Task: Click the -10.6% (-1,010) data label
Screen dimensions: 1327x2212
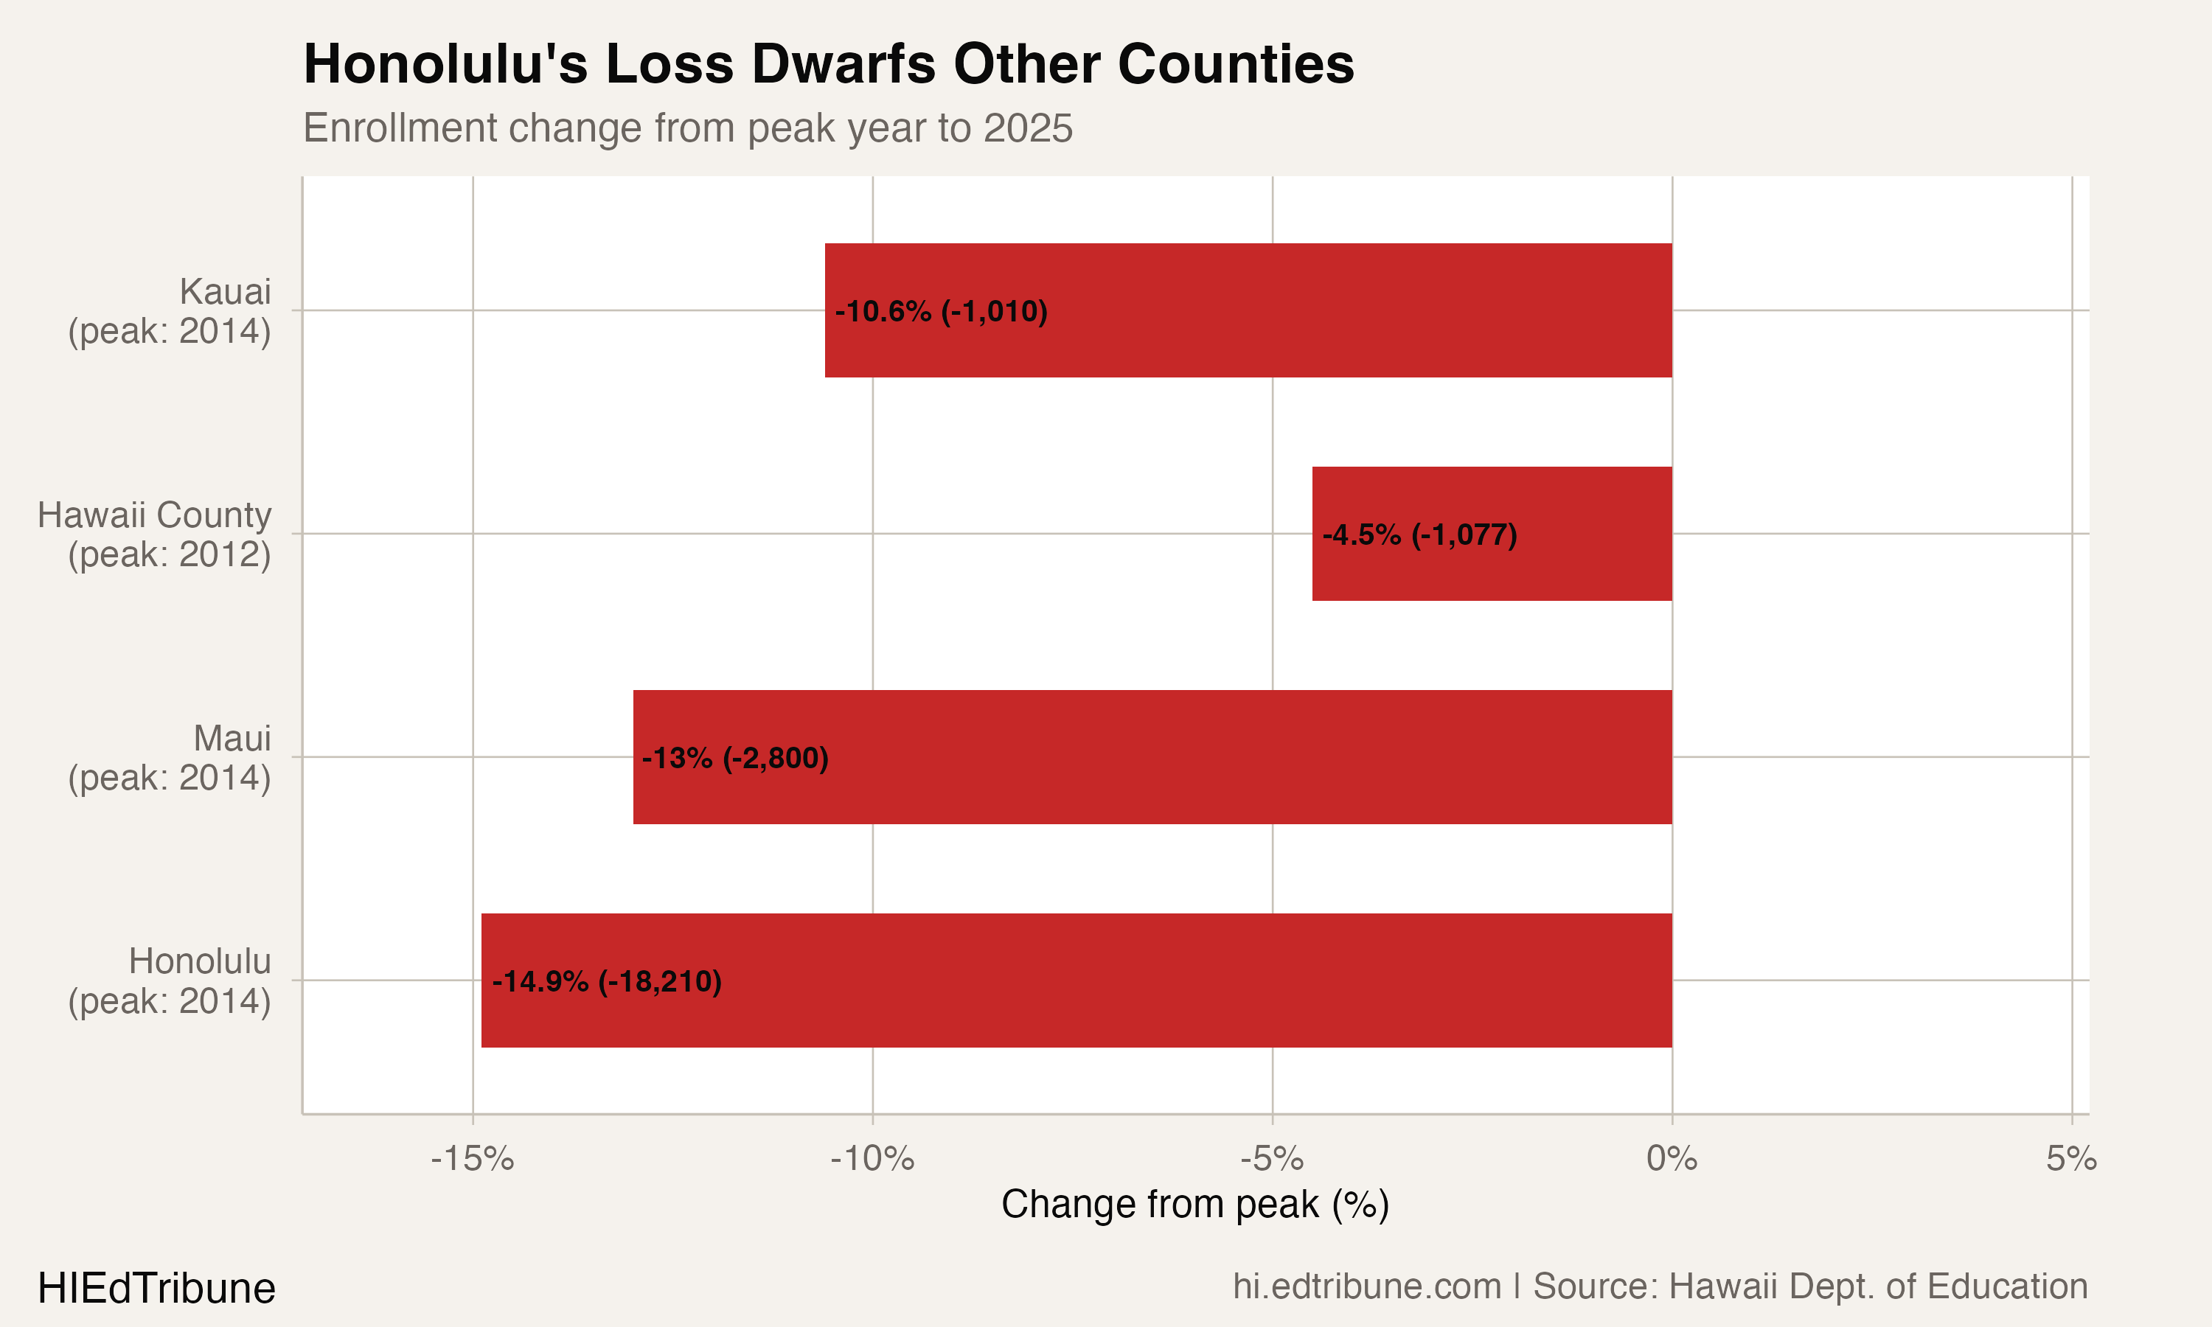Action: click(942, 311)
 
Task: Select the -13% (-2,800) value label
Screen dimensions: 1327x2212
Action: click(735, 759)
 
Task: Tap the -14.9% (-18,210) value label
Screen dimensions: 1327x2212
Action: click(607, 981)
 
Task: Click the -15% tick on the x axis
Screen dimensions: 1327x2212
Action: click(472, 1159)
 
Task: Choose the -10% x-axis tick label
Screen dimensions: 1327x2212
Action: click(872, 1159)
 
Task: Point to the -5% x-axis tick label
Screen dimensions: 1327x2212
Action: click(1271, 1159)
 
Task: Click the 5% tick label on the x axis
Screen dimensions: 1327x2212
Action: click(2070, 1159)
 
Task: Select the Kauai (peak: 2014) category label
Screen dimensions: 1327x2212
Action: click(170, 310)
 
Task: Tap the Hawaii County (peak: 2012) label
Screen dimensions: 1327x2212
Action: click(154, 534)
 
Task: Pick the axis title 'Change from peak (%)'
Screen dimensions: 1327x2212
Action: click(1194, 1205)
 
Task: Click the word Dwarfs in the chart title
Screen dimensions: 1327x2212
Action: click(846, 64)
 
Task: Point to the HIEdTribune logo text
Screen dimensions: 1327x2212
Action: click(156, 1289)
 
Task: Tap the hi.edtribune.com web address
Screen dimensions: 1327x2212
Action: click(1366, 1286)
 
